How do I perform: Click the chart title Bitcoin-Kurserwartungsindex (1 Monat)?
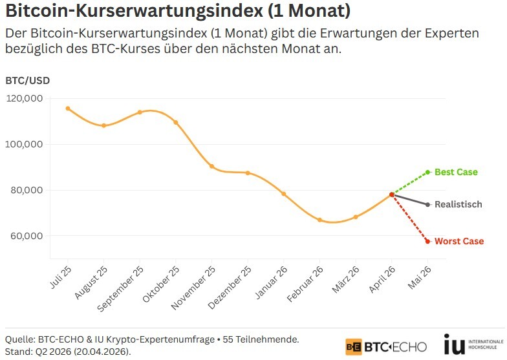[x=178, y=12]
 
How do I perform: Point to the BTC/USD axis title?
[x=27, y=81]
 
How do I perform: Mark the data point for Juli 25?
[x=68, y=109]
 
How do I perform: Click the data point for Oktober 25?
[x=176, y=122]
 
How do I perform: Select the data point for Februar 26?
[x=319, y=220]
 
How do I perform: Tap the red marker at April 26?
[x=392, y=195]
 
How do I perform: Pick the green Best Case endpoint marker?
[x=428, y=172]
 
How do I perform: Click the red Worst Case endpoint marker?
[x=428, y=241]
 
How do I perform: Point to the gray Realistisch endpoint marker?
[x=428, y=204]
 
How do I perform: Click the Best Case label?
[x=456, y=172]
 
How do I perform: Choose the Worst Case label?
[x=459, y=241]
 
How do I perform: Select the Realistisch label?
[x=458, y=204]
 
